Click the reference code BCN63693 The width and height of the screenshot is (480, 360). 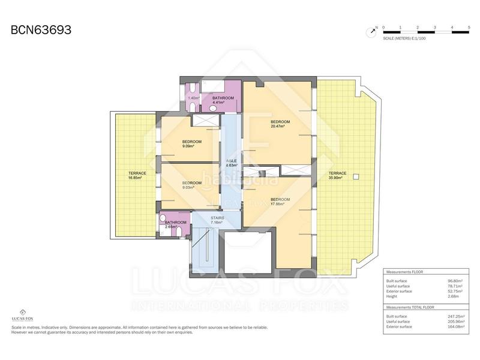click(41, 29)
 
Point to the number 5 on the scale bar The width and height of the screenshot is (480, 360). click(469, 28)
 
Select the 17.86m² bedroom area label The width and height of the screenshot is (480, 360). click(280, 202)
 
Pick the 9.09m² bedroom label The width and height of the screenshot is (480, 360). click(192, 144)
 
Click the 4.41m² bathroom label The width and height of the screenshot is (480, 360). click(222, 100)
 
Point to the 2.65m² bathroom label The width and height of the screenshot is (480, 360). click(176, 224)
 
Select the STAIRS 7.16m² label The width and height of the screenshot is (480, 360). click(217, 220)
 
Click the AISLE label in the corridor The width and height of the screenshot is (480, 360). click(231, 163)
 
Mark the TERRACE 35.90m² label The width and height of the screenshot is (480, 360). click(338, 175)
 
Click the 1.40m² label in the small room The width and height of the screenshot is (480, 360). click(193, 98)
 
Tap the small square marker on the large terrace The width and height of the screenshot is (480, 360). click(356, 176)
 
